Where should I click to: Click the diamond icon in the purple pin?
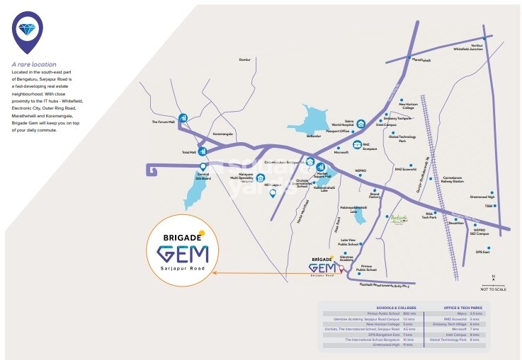(28, 28)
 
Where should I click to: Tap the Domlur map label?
(245, 59)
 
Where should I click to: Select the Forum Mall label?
(162, 122)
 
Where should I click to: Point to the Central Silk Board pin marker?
(203, 167)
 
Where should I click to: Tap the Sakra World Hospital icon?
(361, 124)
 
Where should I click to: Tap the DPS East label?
(483, 251)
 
